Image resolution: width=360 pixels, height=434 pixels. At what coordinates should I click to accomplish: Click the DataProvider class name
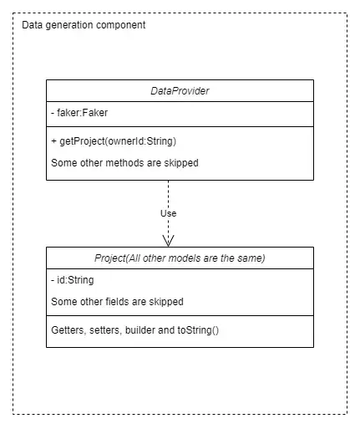click(180, 91)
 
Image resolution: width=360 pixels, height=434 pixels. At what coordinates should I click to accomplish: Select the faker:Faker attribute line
click(79, 113)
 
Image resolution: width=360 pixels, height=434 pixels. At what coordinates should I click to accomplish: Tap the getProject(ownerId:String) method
click(114, 141)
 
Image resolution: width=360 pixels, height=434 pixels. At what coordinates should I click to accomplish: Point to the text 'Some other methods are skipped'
click(124, 163)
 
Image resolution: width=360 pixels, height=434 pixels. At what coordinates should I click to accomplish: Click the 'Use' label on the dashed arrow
click(169, 213)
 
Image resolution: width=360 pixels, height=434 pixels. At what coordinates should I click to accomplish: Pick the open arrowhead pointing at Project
click(168, 241)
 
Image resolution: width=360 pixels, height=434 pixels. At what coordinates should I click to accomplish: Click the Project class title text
click(180, 258)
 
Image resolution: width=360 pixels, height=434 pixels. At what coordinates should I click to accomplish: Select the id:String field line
click(73, 280)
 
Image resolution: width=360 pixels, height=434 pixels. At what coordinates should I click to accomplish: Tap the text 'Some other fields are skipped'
click(117, 302)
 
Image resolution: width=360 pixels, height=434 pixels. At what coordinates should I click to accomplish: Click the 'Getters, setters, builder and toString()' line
click(135, 330)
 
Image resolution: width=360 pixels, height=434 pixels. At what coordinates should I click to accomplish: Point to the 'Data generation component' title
click(84, 25)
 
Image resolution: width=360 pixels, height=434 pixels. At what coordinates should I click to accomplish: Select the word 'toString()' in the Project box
click(198, 330)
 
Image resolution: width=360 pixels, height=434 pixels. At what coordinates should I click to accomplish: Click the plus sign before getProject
click(54, 141)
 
